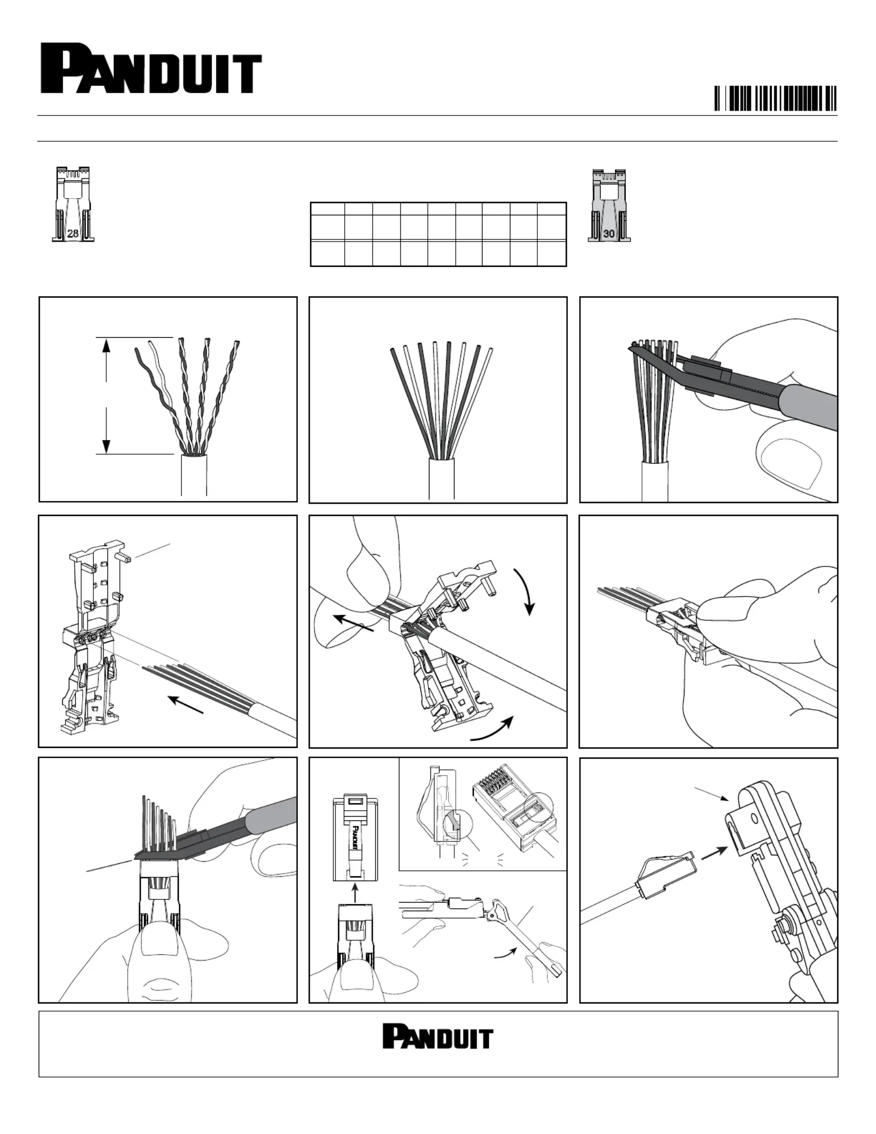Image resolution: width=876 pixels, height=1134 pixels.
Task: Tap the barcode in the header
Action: click(775, 98)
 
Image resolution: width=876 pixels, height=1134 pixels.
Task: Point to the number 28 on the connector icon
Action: click(73, 234)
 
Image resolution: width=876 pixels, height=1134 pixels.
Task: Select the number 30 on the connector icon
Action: click(609, 234)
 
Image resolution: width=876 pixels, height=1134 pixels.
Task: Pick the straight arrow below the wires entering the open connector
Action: click(186, 705)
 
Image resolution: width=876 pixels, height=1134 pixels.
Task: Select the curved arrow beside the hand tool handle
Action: click(506, 953)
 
